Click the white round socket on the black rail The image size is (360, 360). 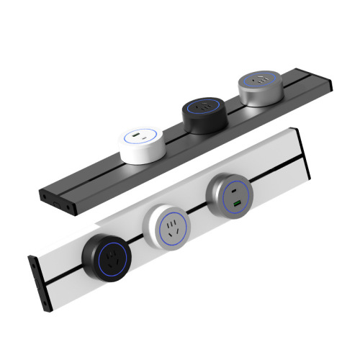tap(142, 143)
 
